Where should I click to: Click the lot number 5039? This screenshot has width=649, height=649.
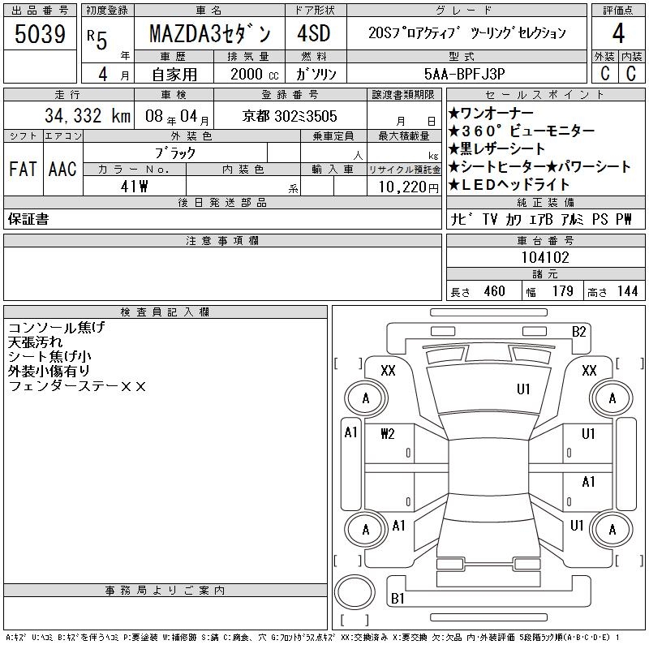40,34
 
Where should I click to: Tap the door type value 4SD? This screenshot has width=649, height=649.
314,33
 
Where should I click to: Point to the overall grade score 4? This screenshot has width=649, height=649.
618,33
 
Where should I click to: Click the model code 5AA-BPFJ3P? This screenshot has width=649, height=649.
464,74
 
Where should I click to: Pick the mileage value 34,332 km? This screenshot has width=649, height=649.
88,116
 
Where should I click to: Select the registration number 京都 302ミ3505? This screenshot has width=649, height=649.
290,116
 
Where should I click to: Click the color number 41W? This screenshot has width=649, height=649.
134,187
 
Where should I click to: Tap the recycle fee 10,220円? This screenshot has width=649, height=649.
409,187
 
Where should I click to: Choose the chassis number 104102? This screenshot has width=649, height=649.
545,257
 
